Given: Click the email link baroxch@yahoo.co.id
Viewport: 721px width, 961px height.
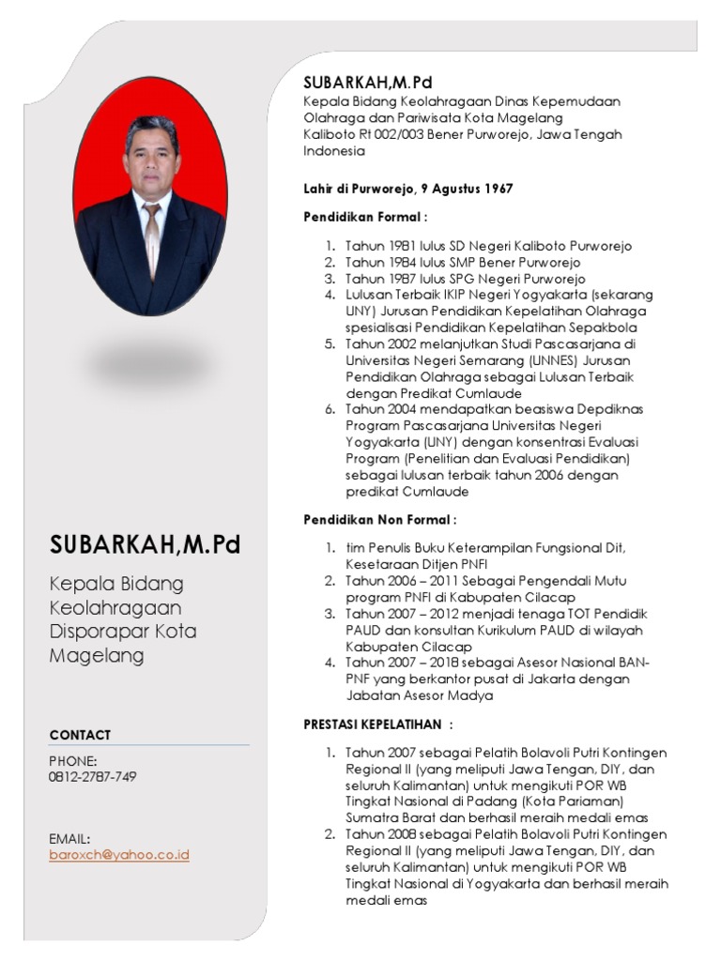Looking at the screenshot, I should coord(119,855).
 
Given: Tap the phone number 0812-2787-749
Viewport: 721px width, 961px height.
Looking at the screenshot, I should coord(93,777).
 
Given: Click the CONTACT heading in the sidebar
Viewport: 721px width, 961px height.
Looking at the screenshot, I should coord(80,735).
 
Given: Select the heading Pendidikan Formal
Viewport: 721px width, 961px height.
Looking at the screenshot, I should coord(364,217).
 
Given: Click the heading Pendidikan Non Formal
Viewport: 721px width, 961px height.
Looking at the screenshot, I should coord(380,519).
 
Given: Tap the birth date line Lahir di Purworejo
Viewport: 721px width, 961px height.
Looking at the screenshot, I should coord(407,189).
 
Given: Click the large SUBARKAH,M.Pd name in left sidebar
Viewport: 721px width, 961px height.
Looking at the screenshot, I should coord(146,544).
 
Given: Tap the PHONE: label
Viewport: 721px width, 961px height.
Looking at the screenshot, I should coord(73,760).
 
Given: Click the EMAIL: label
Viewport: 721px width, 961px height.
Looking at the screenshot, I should coord(69,838).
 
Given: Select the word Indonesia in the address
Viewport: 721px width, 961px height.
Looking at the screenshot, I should coord(333,150).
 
